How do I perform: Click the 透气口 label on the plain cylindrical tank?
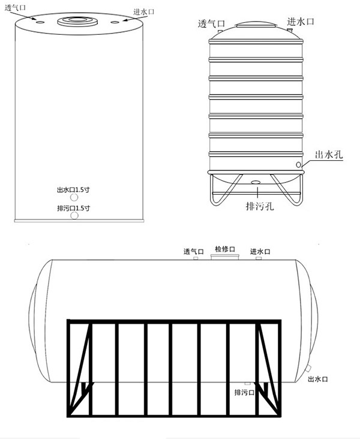point(15,8)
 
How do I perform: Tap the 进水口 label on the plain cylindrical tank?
point(144,12)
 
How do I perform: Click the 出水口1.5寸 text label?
point(73,190)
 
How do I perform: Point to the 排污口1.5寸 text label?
point(74,208)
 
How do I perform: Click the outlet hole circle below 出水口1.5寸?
point(74,198)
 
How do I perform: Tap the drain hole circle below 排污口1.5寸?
point(74,216)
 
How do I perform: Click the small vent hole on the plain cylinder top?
point(40,22)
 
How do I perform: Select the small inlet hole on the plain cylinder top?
point(115,22)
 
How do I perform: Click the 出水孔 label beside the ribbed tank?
point(329,154)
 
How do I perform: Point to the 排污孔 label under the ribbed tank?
point(260,206)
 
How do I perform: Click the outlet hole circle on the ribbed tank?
point(299,165)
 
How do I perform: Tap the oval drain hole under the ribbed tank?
point(256,183)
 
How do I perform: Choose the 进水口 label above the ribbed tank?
point(301,22)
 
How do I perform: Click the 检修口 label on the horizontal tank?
point(225,249)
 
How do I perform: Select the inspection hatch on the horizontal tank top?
point(224,257)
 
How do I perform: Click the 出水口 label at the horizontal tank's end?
point(318,379)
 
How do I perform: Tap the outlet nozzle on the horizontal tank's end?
point(308,368)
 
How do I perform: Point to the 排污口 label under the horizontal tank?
point(244,393)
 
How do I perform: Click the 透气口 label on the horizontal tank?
point(194,252)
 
